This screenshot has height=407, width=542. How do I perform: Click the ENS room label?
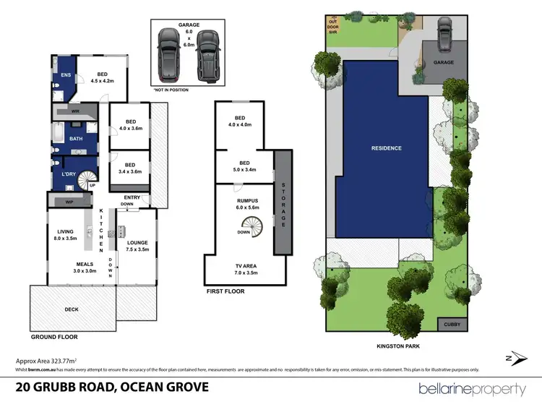(x=64, y=74)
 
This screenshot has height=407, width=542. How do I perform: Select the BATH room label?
(x=75, y=138)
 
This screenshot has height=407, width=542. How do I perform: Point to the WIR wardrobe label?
(x=75, y=113)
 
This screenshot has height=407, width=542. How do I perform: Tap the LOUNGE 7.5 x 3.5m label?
(x=135, y=245)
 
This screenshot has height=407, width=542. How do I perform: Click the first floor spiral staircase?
(x=252, y=228)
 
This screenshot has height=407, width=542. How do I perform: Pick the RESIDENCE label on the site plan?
(x=386, y=148)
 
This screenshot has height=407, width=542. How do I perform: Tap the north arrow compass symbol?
(x=511, y=357)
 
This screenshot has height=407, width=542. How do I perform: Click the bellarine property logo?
(x=472, y=389)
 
